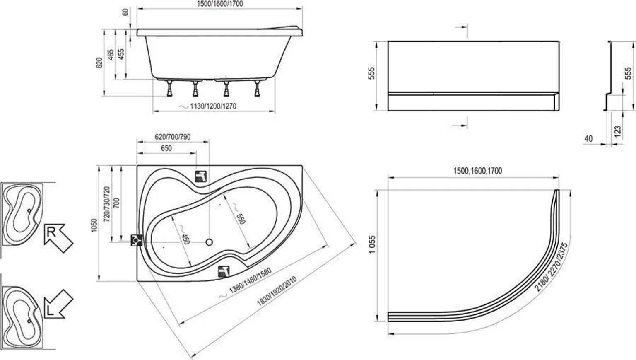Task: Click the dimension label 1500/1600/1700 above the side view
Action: click(x=220, y=4)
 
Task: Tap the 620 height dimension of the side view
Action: click(x=99, y=63)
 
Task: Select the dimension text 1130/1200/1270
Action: click(x=213, y=106)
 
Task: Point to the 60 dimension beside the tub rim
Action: click(x=125, y=12)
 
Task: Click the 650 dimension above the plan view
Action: click(x=166, y=148)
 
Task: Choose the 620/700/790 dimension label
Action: click(x=173, y=137)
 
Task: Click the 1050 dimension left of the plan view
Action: click(x=94, y=225)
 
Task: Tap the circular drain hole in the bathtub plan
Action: click(x=209, y=242)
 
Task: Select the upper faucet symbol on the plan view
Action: click(x=201, y=176)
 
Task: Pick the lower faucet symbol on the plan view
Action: click(x=224, y=271)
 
